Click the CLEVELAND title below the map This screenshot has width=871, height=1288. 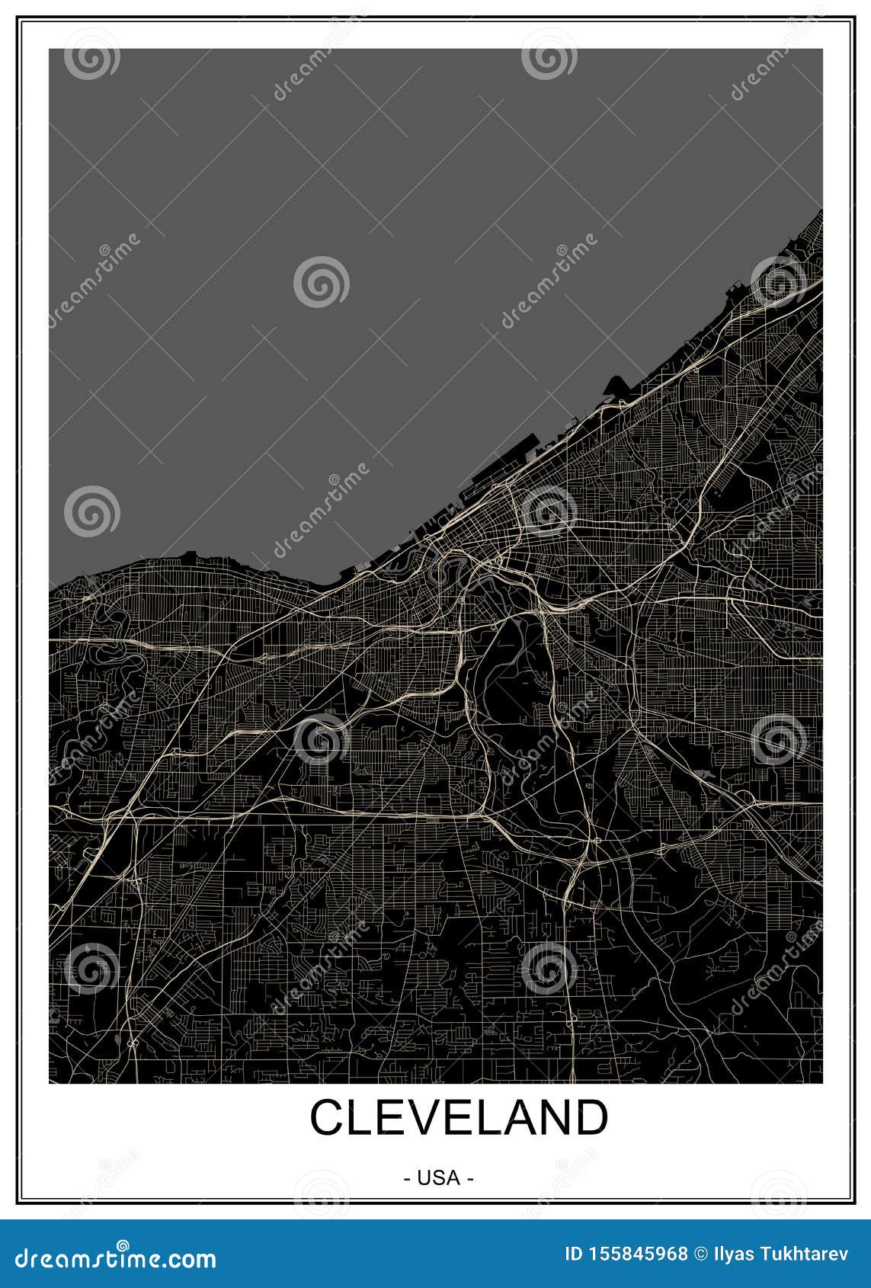[459, 1118]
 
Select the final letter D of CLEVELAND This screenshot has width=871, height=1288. [591, 1118]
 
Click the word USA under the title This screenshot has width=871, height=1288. [438, 1178]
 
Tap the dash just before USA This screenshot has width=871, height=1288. [408, 1178]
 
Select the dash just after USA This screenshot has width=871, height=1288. [470, 1178]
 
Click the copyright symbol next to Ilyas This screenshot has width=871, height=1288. [700, 1253]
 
